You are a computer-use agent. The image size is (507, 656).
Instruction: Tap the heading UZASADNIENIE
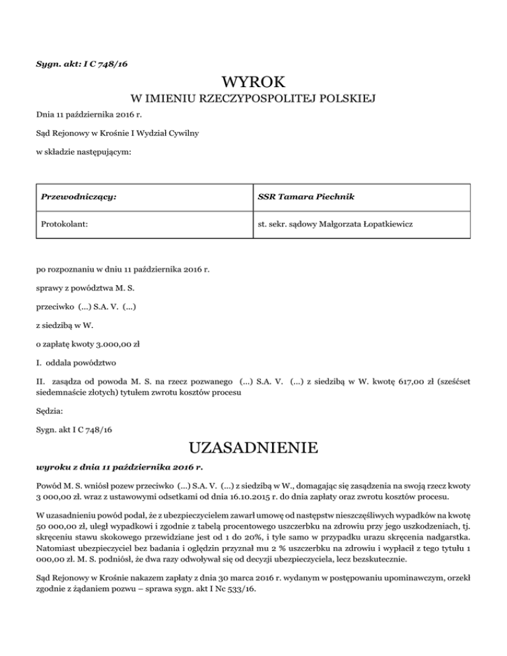(253, 451)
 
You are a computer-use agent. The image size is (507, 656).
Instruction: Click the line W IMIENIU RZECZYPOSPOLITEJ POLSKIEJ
(253, 100)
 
